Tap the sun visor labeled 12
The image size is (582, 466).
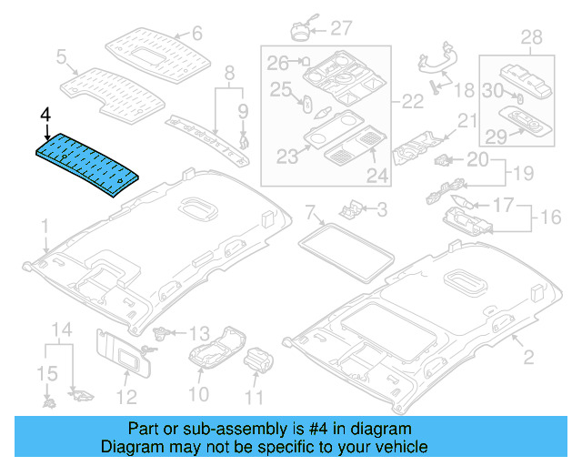122,357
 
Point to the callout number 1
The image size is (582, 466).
45,225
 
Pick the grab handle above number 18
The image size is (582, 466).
442,62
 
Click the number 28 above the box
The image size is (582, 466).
531,37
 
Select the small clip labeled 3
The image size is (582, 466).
350,209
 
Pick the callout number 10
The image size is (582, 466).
197,394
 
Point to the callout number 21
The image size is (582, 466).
467,122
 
